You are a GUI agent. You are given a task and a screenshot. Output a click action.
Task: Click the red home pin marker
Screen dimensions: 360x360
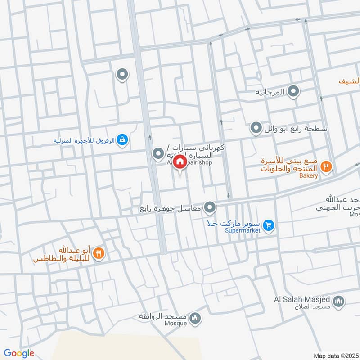[180, 162]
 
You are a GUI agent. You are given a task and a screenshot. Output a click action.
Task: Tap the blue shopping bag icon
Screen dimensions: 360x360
[122, 140]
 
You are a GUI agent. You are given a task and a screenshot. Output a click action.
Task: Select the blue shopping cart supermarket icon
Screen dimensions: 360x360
[269, 225]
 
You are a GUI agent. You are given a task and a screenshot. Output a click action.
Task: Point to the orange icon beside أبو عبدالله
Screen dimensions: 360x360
[99, 254]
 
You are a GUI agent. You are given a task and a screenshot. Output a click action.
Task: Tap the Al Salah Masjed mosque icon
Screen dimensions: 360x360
[339, 301]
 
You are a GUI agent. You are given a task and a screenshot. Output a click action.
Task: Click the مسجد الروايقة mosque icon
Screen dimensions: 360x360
[195, 318]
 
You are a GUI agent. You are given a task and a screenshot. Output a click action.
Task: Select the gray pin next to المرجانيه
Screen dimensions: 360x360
[294, 92]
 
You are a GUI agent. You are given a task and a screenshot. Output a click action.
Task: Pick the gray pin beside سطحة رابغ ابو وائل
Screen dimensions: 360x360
[256, 129]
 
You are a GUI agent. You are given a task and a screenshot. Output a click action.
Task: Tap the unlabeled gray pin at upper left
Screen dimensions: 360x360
[122, 74]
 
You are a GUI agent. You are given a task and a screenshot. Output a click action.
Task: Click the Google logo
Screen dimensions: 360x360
[19, 353]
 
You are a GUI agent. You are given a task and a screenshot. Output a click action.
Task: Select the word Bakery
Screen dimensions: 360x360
[309, 175]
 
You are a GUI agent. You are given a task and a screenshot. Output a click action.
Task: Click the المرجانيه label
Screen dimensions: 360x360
[270, 92]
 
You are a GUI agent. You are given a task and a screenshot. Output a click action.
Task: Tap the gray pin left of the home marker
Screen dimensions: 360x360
[158, 154]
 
